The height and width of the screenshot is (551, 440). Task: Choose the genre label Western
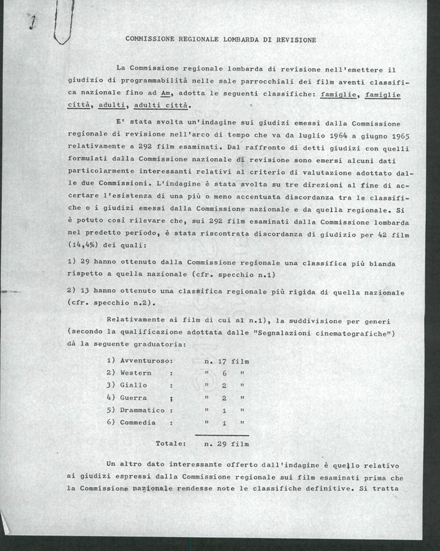136,373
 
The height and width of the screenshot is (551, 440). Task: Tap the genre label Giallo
133,385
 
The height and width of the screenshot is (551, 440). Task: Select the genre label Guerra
133,397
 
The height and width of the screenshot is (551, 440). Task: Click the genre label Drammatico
142,410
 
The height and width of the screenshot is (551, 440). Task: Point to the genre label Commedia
138,422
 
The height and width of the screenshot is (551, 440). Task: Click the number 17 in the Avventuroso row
222,361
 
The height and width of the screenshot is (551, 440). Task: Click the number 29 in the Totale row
222,444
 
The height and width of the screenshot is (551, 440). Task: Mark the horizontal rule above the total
226,435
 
